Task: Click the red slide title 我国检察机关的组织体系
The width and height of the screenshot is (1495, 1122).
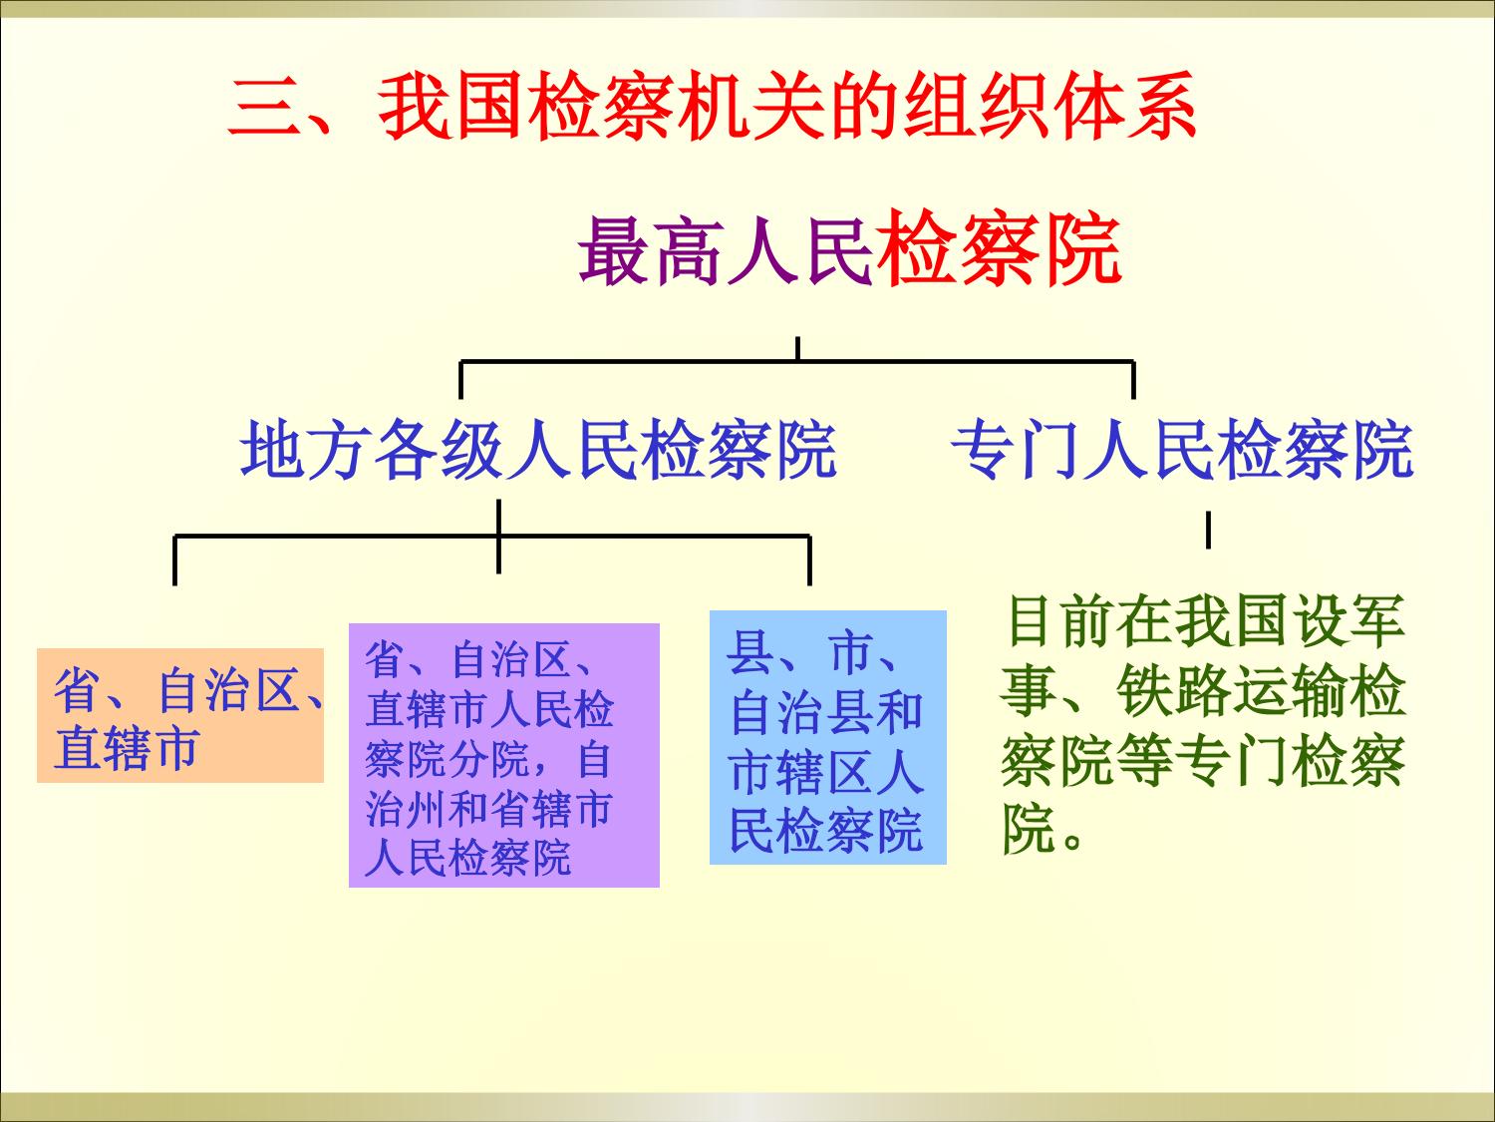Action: (x=786, y=107)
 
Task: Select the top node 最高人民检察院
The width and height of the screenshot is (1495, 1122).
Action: (x=849, y=248)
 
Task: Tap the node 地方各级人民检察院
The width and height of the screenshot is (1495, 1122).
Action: (x=538, y=450)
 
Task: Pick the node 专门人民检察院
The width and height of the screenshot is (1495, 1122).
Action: (x=1182, y=450)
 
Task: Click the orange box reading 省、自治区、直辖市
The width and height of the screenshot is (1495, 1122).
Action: (x=180, y=715)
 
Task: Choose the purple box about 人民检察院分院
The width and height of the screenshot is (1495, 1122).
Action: (x=504, y=756)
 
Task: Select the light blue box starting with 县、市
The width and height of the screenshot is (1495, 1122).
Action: (x=828, y=738)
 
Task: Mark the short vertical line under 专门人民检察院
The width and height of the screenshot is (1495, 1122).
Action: (x=1208, y=530)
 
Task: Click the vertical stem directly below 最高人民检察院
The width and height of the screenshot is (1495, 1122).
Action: (x=797, y=348)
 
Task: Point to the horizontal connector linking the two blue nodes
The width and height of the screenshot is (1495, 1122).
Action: (x=797, y=361)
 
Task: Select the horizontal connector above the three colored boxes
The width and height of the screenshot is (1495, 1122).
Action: (x=491, y=537)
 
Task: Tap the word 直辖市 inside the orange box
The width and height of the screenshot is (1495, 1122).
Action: (x=127, y=748)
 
